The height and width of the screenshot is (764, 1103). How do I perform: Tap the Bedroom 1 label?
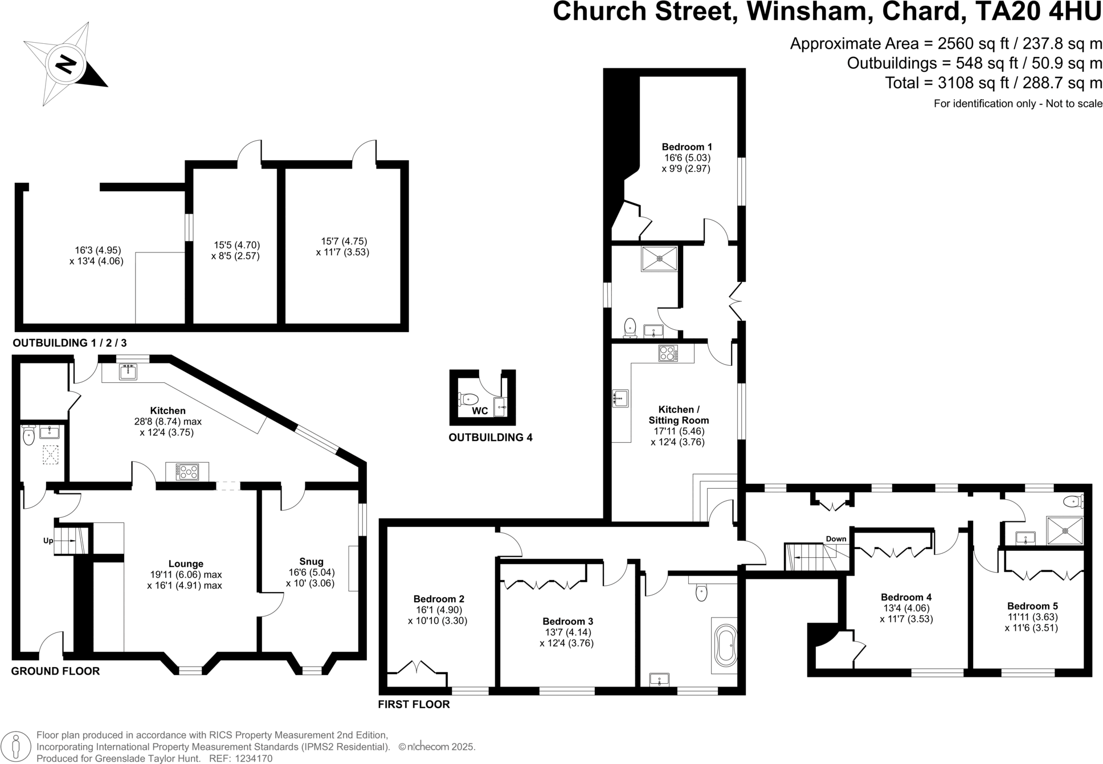click(687, 147)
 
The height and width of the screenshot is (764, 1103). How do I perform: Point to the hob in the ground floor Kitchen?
click(187, 472)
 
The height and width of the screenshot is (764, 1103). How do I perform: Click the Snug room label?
click(311, 562)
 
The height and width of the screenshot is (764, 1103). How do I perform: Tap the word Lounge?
click(186, 564)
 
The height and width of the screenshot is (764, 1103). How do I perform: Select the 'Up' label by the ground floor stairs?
click(48, 540)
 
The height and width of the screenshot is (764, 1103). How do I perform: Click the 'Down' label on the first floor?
click(836, 539)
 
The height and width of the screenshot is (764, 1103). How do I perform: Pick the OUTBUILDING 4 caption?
click(490, 438)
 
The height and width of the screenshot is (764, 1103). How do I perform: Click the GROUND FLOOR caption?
click(55, 671)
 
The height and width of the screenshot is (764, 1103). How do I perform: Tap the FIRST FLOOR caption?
click(414, 704)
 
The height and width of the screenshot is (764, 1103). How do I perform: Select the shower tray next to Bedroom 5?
click(1064, 530)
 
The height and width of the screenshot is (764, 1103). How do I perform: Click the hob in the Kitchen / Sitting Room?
click(668, 353)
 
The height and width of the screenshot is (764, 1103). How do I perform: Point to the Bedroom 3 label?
click(567, 622)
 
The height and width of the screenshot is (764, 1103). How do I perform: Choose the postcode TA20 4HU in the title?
click(1036, 13)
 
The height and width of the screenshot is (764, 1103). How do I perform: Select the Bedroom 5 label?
click(1032, 606)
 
